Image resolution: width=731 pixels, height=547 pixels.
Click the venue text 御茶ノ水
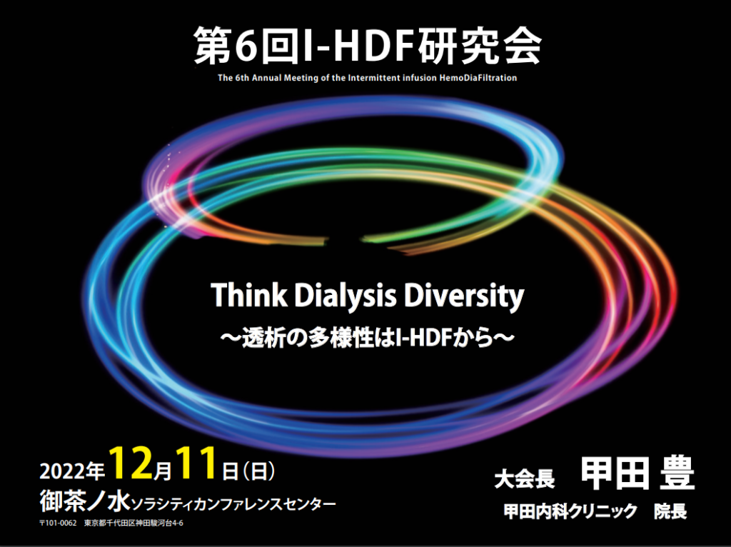pyautogui.click(x=85, y=502)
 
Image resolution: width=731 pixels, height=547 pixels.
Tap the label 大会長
pyautogui.click(x=525, y=479)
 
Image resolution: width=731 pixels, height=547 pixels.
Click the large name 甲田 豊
pyautogui.click(x=637, y=473)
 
